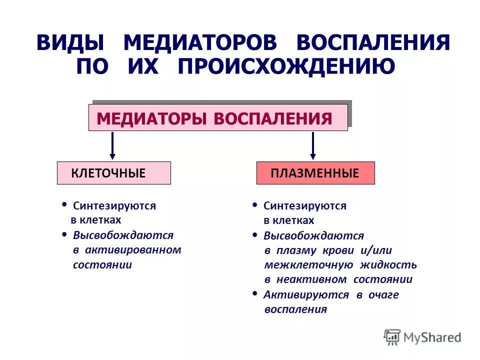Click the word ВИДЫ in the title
coord(69,43)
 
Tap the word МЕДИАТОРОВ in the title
coord(200,43)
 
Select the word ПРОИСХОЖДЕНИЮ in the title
coord(286,66)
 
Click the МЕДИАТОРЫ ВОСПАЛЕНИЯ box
coord(218,118)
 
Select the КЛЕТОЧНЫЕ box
coord(113,173)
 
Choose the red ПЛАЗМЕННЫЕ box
coord(315,173)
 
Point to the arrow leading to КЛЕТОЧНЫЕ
coord(112,145)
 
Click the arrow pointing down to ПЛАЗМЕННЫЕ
coord(313,145)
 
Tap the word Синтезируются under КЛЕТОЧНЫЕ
coord(114,206)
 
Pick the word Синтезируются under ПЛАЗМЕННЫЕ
coord(305,206)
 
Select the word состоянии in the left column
coord(102,265)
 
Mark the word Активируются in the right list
coord(306,294)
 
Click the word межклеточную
coord(308,265)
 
